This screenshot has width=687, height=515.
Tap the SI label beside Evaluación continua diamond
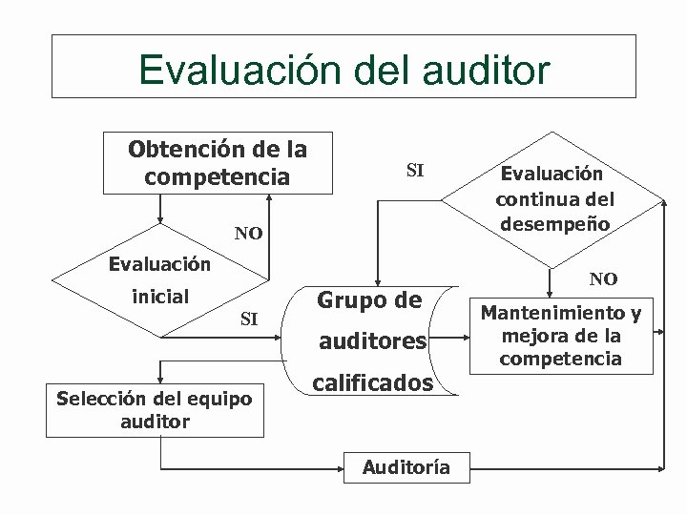coord(416,172)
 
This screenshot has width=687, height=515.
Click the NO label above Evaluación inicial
coord(249,234)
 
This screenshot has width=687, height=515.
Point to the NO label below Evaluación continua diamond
coord(603,278)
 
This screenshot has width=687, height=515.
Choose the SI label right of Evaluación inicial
coord(249,318)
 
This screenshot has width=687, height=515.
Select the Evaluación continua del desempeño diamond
coord(554,200)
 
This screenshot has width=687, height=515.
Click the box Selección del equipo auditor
coord(155,410)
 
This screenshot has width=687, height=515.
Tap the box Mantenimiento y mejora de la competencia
coord(560,336)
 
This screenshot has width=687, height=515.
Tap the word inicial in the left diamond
coord(160,297)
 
